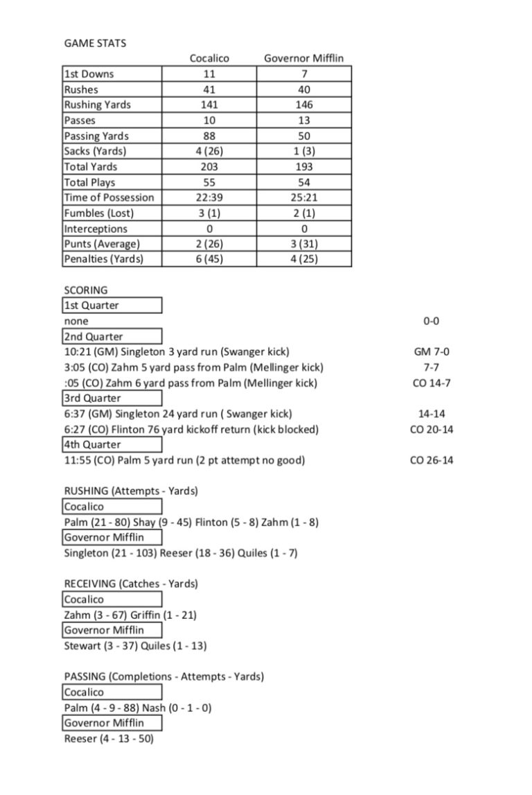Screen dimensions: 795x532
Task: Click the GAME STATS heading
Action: [x=95, y=43]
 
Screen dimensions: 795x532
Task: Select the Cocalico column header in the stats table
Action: [x=209, y=58]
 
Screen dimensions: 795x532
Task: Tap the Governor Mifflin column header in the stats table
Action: [x=303, y=58]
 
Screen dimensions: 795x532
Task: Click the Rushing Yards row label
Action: [x=97, y=105]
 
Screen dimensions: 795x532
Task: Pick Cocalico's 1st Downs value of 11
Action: [x=209, y=74]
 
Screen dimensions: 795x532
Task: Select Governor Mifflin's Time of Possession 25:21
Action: [x=303, y=198]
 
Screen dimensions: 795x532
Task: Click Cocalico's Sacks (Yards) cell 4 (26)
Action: [x=209, y=151]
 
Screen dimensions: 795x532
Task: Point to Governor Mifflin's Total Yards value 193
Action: [x=303, y=166]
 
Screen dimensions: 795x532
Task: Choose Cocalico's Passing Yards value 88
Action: [x=209, y=136]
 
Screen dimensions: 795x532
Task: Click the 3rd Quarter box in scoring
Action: [x=112, y=398]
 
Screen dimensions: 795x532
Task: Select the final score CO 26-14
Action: [x=431, y=460]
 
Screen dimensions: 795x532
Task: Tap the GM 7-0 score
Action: [x=431, y=352]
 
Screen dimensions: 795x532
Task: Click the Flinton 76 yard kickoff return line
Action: [x=191, y=429]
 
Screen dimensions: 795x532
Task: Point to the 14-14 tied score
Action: [x=431, y=414]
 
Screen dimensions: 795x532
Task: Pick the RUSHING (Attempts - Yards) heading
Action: [x=131, y=491]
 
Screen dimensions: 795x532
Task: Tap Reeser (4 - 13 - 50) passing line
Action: [x=108, y=739]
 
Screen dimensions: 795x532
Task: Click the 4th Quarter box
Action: [x=112, y=444]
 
